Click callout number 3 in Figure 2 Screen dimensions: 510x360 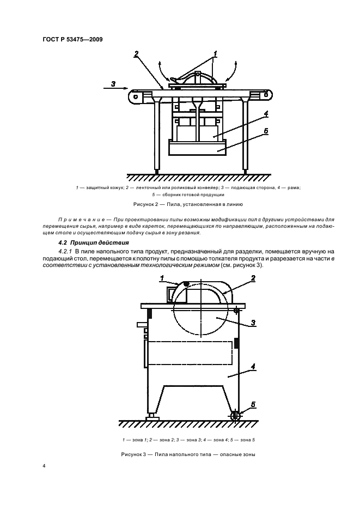pyautogui.click(x=112, y=83)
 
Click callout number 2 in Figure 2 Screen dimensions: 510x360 pyautogui.click(x=136, y=54)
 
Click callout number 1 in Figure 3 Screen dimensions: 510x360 pyautogui.click(x=161, y=278)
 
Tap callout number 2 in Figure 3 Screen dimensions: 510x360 pyautogui.click(x=252, y=278)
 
